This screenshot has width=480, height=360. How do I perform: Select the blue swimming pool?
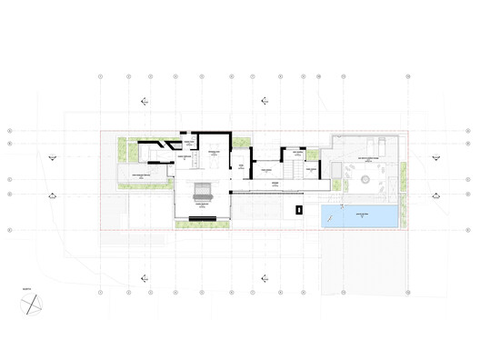[358, 216]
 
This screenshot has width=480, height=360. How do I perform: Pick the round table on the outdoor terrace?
[368, 181]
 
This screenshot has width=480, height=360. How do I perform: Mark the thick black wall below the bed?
[202, 216]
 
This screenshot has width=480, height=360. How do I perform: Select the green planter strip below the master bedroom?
[201, 224]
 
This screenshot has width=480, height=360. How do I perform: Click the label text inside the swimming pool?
[358, 215]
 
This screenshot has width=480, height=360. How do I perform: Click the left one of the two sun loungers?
[373, 144]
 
